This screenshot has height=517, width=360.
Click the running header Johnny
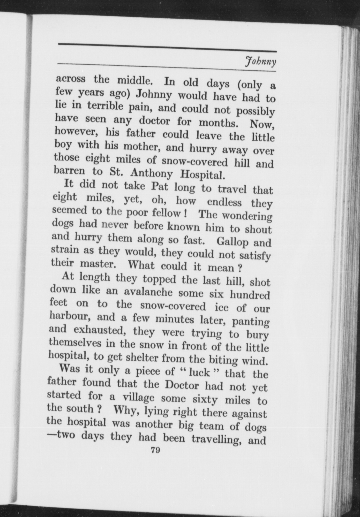tap(260, 62)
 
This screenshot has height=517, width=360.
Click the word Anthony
tap(151, 174)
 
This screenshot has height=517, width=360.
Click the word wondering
tap(246, 215)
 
